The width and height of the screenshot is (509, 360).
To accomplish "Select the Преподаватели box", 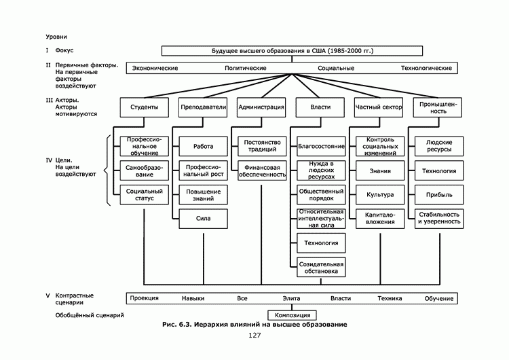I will tap(202, 107).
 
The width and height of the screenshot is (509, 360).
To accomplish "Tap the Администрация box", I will tap(261, 107).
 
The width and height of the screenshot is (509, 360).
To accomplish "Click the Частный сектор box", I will tap(379, 107).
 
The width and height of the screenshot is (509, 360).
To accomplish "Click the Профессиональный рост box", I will tap(202, 170).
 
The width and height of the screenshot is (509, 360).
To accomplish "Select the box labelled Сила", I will tap(202, 219).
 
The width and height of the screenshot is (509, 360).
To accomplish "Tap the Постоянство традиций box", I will tap(261, 146).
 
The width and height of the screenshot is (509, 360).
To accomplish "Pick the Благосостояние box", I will tap(320, 146).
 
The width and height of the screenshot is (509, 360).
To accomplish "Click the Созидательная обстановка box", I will tap(320, 267).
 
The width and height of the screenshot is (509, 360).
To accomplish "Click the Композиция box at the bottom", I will tap(293, 315).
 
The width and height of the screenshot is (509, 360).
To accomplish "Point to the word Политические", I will tap(245, 69).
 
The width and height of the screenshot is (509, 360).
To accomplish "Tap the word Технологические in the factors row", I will tap(426, 69).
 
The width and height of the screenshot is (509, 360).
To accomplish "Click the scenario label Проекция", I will tap(144, 298).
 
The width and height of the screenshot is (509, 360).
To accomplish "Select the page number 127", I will tap(254, 336).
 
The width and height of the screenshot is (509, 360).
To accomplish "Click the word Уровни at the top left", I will tap(56, 36).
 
